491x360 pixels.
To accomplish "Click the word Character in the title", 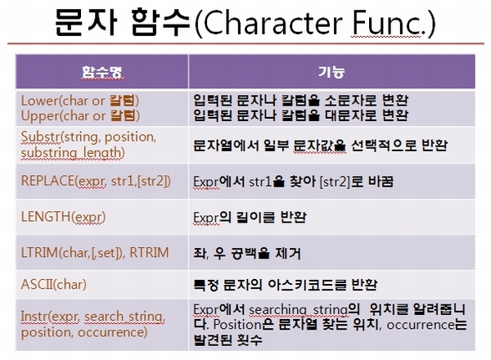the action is point(273,23).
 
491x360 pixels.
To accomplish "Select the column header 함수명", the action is point(102,72).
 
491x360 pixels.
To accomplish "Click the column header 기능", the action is point(331,72).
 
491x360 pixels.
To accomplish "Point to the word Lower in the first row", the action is point(40,101).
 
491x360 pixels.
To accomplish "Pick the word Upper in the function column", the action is point(40,116).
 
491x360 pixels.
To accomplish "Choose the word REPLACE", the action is point(47,181).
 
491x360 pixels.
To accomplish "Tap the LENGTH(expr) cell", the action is point(63,217).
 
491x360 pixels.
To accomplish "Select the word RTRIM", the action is point(149,253).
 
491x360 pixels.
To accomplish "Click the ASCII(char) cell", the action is point(53,285).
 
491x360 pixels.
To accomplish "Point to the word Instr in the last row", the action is point(34,316).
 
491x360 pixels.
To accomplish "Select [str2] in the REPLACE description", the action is point(335,182).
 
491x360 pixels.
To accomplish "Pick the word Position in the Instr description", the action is point(236,325).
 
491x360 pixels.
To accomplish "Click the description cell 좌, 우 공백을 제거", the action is point(247,253).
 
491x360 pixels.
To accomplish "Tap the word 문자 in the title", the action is point(86,23).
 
